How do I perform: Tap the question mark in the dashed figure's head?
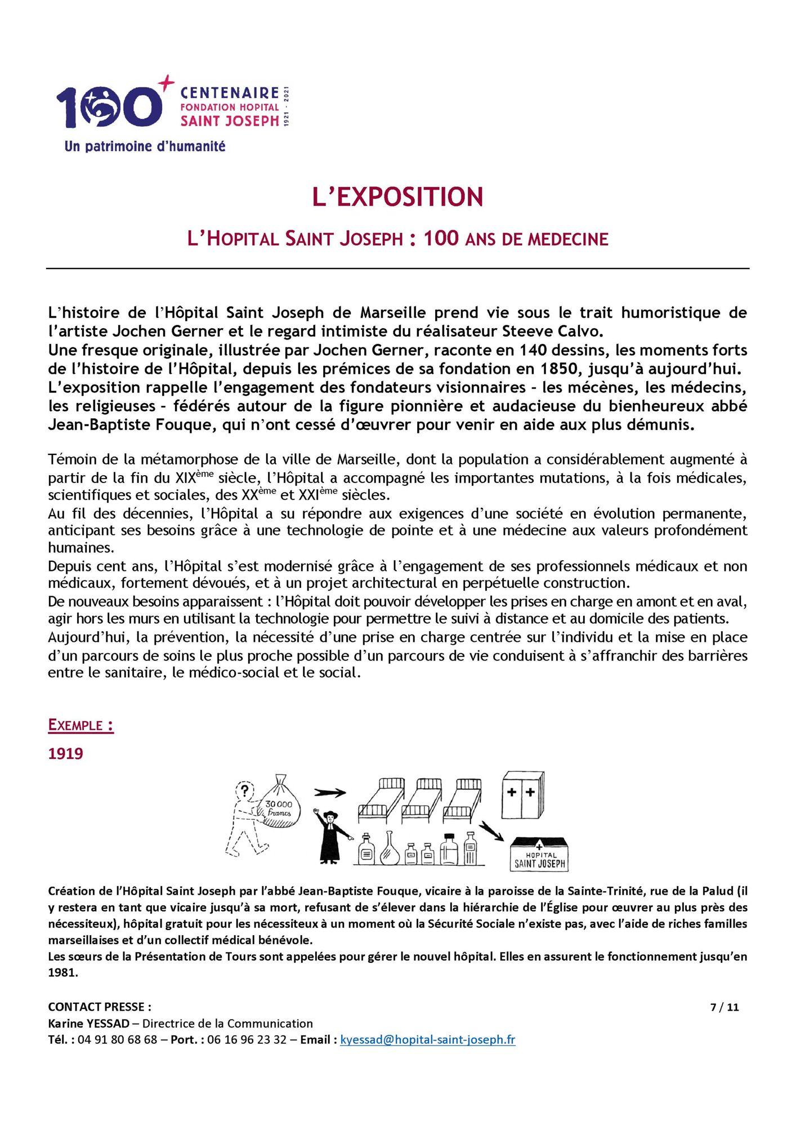coord(244,789)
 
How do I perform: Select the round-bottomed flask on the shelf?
coord(390,850)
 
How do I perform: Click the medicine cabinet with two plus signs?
coord(522,794)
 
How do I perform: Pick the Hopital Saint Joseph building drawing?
coord(539,854)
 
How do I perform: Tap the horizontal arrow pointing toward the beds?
coord(330,793)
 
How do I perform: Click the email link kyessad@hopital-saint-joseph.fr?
coord(428,1039)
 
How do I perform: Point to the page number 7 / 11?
coord(725,1007)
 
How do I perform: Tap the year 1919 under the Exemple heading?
coord(66,754)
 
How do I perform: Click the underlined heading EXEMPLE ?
coord(81,725)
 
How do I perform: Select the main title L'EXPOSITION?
coord(397,197)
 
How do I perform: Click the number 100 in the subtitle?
coord(441,238)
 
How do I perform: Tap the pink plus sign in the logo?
coord(166,83)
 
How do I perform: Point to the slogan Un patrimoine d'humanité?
coord(145,146)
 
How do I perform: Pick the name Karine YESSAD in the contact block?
coord(88,1024)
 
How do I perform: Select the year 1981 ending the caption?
coord(62,972)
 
